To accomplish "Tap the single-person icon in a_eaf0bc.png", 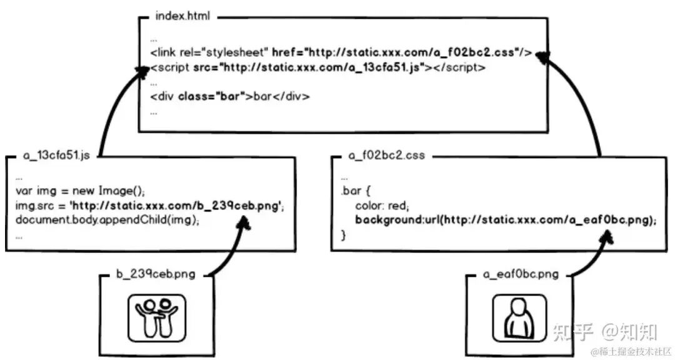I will [519, 319].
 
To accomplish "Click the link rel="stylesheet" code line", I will [341, 53].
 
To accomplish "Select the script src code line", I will [317, 67].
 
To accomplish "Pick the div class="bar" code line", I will [229, 97].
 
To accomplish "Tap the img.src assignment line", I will [150, 206].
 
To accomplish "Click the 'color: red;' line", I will [381, 206].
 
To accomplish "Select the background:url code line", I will [506, 220].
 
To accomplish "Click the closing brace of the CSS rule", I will [344, 236].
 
